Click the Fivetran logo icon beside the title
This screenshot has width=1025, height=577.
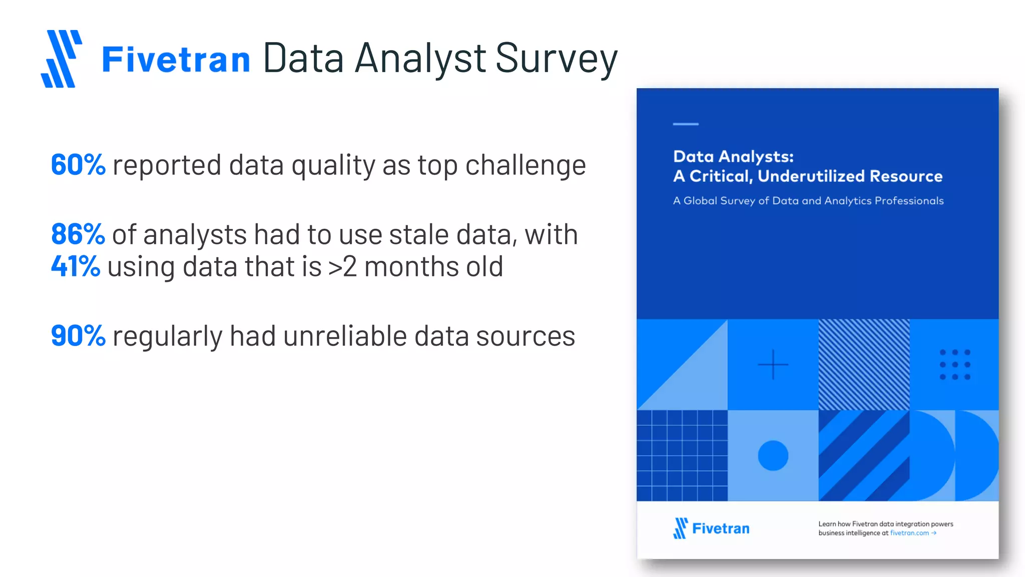point(62,59)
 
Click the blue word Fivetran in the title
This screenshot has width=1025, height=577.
point(176,60)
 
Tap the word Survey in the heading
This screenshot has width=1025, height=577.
point(556,59)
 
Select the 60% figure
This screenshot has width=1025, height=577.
point(78,165)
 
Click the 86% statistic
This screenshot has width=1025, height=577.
point(78,234)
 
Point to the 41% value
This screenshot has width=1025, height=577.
point(76,266)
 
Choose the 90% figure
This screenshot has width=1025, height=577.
point(78,336)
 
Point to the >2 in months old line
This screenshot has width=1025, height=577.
point(342,267)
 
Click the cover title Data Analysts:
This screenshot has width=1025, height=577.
point(733,157)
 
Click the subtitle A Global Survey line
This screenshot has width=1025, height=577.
point(808,201)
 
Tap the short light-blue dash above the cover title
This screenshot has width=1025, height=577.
point(685,124)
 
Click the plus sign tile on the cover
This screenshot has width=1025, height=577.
point(773,365)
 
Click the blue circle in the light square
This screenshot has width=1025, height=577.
point(773,455)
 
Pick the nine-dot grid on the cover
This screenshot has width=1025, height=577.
point(954,365)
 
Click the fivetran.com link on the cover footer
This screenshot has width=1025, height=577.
point(909,533)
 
